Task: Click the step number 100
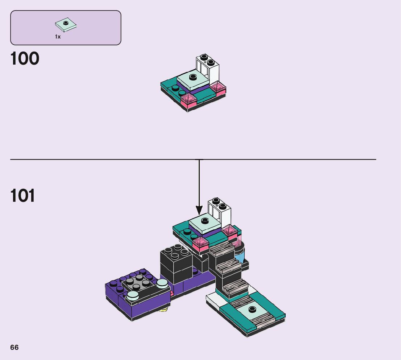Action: click(25, 59)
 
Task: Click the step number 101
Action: click(23, 196)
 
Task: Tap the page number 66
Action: click(14, 347)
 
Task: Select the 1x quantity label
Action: click(58, 37)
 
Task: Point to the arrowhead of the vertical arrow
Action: click(199, 210)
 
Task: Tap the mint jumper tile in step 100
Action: click(193, 78)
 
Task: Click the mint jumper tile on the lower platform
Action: click(251, 309)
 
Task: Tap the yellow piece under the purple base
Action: click(164, 310)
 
